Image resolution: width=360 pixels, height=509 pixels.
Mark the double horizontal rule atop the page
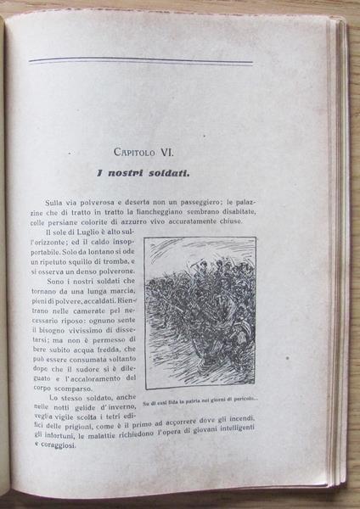tap(140, 62)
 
